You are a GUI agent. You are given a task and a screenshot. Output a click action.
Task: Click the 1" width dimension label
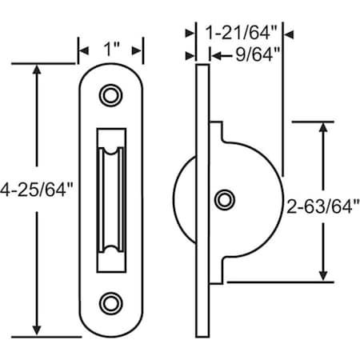[111, 49]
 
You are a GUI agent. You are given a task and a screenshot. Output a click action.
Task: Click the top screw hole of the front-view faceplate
[108, 95]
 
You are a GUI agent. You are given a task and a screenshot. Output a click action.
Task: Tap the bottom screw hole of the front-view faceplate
[108, 302]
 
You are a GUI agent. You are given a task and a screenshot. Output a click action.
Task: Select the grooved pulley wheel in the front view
[108, 198]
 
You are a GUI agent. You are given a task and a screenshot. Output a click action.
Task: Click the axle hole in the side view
[226, 198]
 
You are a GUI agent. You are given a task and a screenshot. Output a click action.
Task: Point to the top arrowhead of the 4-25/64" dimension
[36, 71]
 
